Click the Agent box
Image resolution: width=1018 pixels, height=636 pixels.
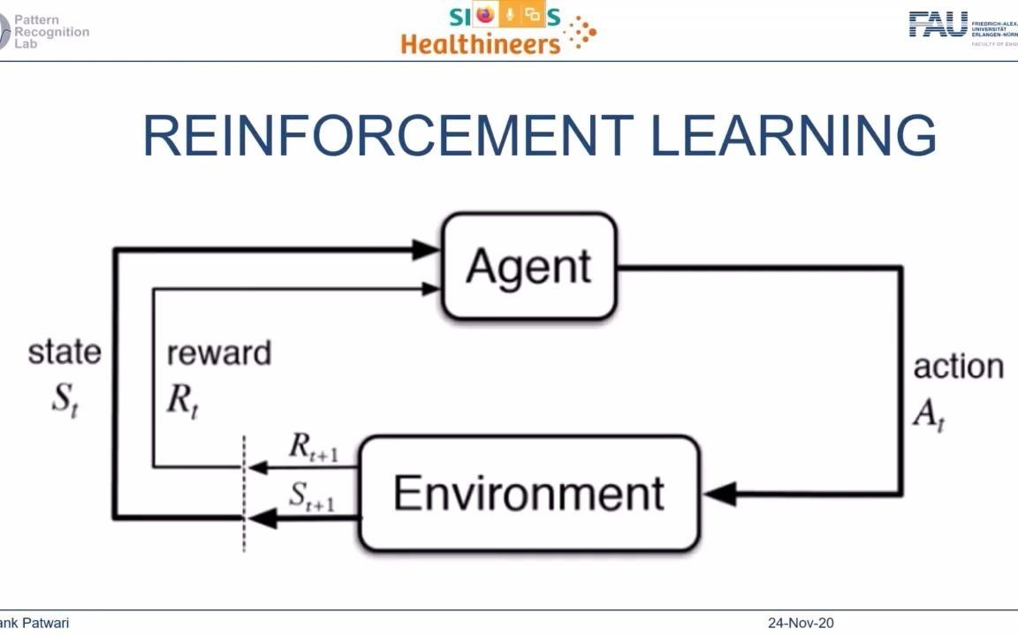coord(528,266)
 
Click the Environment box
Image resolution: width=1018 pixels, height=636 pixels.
coord(528,493)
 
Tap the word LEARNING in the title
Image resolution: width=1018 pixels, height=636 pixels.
coord(794,136)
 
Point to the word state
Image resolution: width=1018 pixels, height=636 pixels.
coord(65,352)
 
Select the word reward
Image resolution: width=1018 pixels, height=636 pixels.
coord(218,353)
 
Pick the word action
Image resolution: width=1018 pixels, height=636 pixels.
coord(958,366)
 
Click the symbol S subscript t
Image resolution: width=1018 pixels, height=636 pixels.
coord(65,398)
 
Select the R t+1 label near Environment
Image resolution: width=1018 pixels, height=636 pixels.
coord(313,448)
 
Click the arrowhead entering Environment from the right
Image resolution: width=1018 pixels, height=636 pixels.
coord(719,494)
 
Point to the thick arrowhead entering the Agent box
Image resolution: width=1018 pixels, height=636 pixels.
coord(427,250)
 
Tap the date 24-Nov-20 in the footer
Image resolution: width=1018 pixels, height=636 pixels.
coord(800,624)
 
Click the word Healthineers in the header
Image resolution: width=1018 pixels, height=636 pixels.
coord(481,42)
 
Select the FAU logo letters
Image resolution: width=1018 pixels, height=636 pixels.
coord(938,25)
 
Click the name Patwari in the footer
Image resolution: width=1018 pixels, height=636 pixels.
coord(44,624)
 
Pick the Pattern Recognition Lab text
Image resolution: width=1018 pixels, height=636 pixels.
coord(51,31)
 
